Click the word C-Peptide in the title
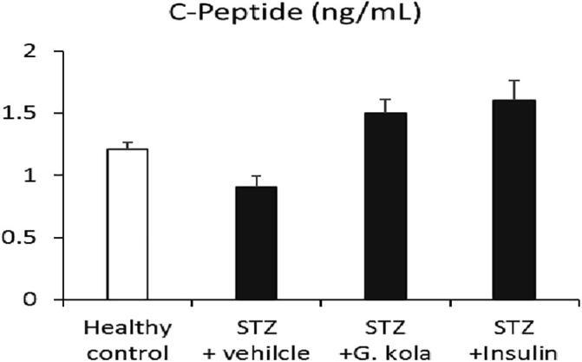(x=245, y=15)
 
